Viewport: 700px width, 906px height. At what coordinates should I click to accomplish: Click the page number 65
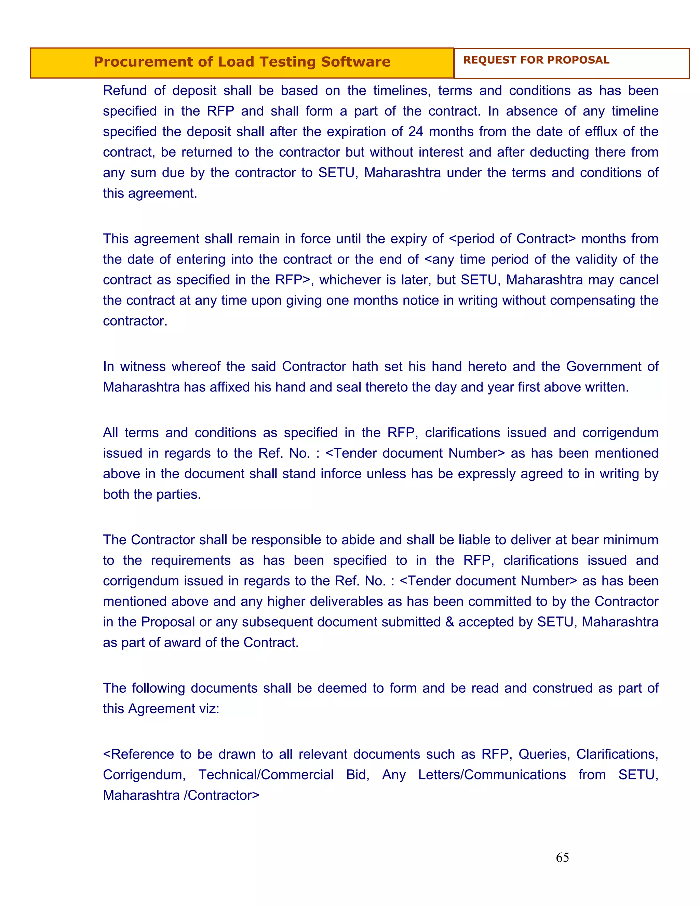pyautogui.click(x=562, y=857)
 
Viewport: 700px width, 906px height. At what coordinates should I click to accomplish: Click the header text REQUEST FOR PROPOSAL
pyautogui.click(x=536, y=60)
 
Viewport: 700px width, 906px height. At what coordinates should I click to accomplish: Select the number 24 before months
pyautogui.click(x=416, y=132)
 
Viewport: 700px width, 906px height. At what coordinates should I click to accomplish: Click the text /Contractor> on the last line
pyautogui.click(x=221, y=795)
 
